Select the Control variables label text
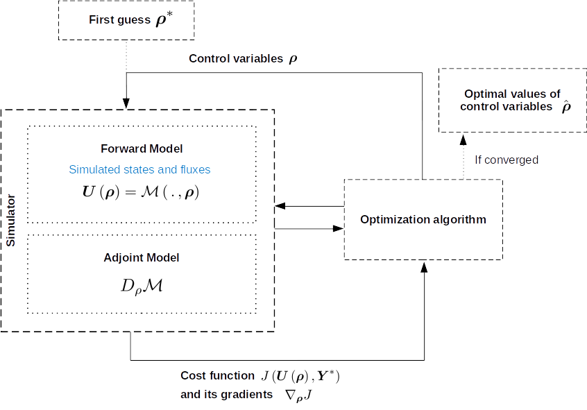coord(235,59)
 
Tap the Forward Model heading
coord(141,148)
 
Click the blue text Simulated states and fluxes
coord(139,169)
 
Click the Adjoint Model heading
coord(141,257)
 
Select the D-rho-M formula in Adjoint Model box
coord(141,284)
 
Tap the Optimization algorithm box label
coord(423,219)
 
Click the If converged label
coord(506,160)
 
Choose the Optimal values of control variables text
coord(511,100)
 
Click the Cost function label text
coord(217,376)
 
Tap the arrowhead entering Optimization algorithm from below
coord(424,267)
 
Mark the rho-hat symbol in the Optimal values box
coord(566,107)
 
